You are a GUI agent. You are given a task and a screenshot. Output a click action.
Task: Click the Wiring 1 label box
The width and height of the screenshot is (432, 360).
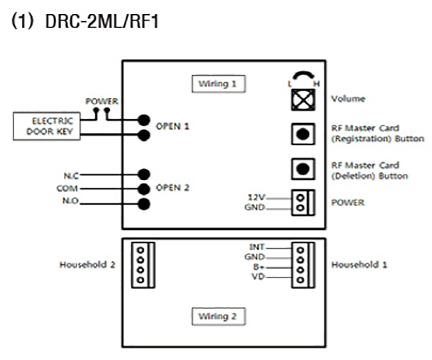coord(218,83)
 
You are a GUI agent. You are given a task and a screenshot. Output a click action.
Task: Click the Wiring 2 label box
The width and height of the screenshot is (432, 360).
coord(218,316)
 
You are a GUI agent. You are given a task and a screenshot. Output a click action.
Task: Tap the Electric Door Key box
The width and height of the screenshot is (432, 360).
coord(47,126)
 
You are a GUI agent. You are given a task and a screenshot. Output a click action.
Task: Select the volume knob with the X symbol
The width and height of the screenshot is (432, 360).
coord(303,100)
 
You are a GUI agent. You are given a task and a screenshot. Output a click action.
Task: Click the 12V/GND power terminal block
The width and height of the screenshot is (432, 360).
coord(303,203)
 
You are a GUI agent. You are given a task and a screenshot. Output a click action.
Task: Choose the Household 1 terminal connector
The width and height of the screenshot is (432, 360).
coord(303,265)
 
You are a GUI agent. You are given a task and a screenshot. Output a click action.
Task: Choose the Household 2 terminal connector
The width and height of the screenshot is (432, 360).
coord(143,265)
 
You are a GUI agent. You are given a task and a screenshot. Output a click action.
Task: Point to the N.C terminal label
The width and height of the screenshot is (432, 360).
coord(71,175)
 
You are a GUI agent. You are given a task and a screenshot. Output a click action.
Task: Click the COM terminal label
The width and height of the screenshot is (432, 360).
coord(67,189)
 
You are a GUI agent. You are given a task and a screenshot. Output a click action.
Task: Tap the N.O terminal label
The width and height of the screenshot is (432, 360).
coord(70,201)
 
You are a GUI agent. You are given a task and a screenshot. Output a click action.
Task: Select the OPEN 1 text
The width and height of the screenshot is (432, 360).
coord(172,126)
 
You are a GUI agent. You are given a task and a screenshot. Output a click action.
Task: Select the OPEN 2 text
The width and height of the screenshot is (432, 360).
coord(172,188)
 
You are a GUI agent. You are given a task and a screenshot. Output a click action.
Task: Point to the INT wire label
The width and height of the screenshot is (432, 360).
coord(257,247)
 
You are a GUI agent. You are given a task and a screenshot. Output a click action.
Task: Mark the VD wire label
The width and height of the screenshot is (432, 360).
coord(258,276)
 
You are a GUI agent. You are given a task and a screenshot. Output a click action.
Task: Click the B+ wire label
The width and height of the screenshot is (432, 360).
coord(259,266)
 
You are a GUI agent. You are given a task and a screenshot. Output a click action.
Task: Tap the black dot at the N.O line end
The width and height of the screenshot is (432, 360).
coord(143,204)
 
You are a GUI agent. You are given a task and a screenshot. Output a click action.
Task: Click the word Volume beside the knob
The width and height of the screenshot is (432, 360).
coord(349,99)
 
